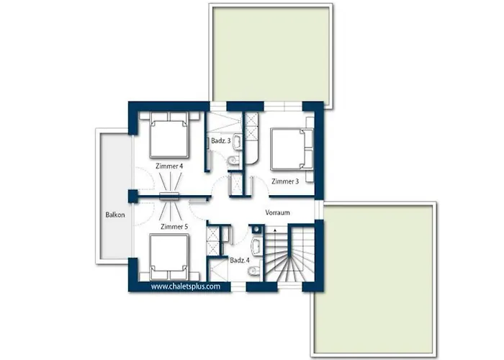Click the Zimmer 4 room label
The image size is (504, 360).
170,166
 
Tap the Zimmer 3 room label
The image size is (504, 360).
285,181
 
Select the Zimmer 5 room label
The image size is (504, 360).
174,227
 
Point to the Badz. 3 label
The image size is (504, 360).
220,141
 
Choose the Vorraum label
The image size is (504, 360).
277,213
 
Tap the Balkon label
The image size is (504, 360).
114,214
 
